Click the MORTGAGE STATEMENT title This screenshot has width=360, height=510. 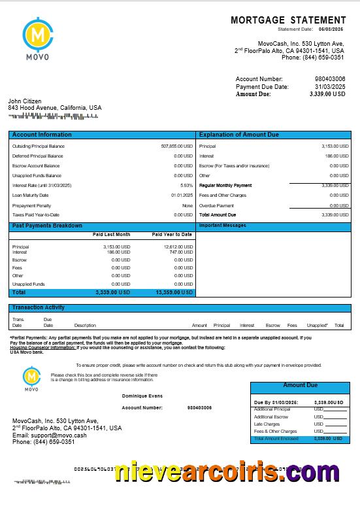[x=288, y=21]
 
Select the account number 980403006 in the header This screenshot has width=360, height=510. [x=330, y=79]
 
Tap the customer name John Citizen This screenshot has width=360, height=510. [x=24, y=101]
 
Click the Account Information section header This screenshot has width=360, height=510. [x=42, y=135]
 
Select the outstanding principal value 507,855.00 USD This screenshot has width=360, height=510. [x=176, y=146]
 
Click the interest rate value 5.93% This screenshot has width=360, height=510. [x=187, y=185]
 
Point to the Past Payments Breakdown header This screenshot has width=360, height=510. [x=47, y=226]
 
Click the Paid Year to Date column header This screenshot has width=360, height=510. [x=172, y=234]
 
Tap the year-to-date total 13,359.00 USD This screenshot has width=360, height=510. [x=174, y=292]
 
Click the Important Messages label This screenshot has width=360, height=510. [x=222, y=226]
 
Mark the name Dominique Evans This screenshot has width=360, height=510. [x=142, y=396]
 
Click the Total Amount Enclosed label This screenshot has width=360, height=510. [x=276, y=439]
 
